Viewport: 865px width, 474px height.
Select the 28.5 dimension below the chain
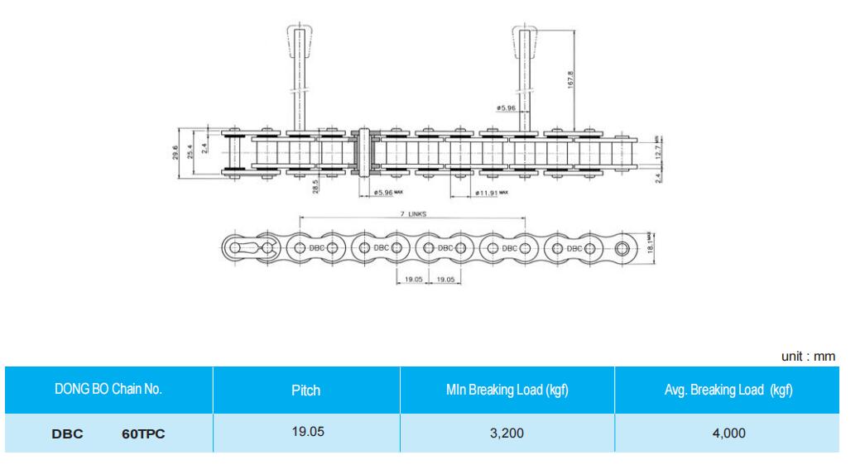(315, 187)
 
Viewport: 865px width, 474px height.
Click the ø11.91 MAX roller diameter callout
(491, 193)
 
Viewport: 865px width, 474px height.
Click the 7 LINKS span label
(411, 213)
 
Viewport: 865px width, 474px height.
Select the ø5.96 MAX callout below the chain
(388, 193)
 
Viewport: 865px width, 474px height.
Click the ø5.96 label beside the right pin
(506, 108)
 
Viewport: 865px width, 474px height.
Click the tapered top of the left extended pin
(300, 37)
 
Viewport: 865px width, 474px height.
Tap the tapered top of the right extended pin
(526, 37)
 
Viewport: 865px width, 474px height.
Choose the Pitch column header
(306, 389)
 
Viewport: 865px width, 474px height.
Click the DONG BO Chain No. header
(108, 389)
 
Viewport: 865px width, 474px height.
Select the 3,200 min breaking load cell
(507, 432)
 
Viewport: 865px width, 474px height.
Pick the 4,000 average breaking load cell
(726, 432)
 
